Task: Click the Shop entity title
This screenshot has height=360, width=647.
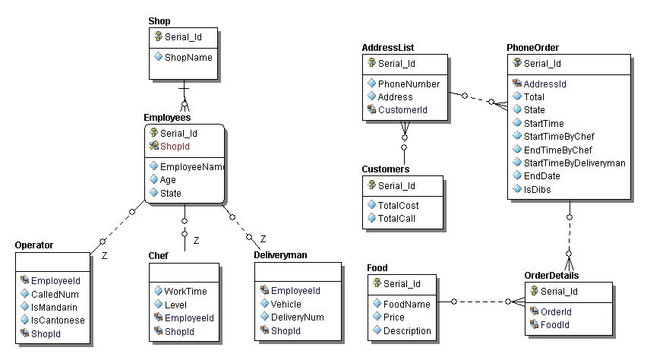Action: point(159,21)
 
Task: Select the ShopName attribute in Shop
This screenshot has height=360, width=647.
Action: point(188,57)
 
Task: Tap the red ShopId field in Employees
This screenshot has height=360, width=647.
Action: point(174,147)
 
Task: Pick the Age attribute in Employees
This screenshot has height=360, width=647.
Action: point(168,180)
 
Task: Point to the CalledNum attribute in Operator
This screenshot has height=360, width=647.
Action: point(55,294)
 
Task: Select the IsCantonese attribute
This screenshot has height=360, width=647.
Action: point(58,320)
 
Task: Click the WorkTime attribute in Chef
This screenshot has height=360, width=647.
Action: point(185,291)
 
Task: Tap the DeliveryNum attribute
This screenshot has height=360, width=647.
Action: point(298,317)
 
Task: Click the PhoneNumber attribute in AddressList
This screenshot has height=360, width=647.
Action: point(409,84)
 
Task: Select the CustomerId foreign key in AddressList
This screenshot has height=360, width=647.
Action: point(402,110)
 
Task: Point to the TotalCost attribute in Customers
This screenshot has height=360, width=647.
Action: point(399,205)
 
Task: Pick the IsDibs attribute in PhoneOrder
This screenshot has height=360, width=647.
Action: point(537,189)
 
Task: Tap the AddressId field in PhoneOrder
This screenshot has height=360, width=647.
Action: point(545,84)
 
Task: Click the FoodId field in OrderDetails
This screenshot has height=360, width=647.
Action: point(555,325)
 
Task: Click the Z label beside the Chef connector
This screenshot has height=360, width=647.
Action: point(196,240)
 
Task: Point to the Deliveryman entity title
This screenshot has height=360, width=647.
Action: point(280,256)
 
